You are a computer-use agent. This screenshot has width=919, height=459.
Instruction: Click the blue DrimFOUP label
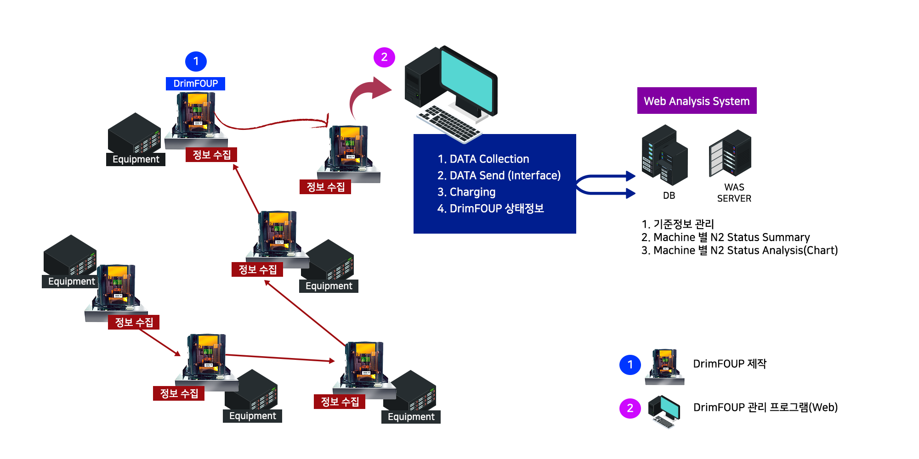195,84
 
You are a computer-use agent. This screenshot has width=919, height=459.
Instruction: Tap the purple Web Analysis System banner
697,101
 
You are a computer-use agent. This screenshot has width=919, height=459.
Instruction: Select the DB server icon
664,155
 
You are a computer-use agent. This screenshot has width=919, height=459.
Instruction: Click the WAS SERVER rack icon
730,153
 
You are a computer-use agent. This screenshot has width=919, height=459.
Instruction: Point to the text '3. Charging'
466,192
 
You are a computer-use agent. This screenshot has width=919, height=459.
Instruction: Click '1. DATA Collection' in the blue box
483,159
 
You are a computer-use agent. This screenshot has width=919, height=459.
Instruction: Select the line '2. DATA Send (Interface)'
499,175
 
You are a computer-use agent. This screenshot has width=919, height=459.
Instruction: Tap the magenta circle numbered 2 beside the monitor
385,57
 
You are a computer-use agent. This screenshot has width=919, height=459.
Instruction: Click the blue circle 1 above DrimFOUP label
196,62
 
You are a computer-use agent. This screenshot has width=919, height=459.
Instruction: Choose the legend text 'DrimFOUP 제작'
730,364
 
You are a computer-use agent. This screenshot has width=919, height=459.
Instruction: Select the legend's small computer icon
664,411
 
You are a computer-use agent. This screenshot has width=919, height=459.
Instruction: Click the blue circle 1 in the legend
630,365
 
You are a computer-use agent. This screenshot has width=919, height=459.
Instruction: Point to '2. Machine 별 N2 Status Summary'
726,237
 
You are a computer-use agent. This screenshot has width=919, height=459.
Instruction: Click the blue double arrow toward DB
606,185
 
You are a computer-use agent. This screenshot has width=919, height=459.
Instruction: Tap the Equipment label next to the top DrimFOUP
136,159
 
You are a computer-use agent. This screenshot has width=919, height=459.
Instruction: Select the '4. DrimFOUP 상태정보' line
491,208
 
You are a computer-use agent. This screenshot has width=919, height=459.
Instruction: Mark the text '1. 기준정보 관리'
678,224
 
